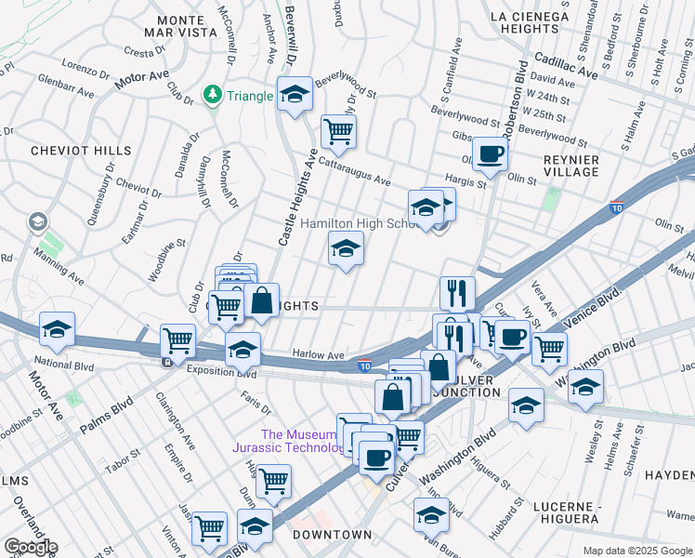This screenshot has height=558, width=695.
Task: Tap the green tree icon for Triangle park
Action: point(213,95)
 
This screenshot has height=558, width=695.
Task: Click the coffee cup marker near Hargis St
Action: point(490,152)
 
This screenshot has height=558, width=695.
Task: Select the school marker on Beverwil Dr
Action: point(295,95)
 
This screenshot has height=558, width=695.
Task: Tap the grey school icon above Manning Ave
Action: point(37,221)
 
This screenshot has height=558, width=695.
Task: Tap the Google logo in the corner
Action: point(31,547)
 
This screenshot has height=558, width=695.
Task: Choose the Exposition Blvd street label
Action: point(220,371)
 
